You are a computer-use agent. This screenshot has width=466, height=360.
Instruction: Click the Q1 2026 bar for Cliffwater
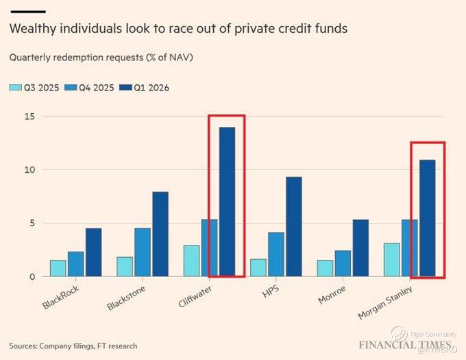(226, 202)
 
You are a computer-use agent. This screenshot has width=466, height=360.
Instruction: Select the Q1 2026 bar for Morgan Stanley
(427, 218)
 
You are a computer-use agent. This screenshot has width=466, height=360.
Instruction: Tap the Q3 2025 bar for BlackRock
(58, 268)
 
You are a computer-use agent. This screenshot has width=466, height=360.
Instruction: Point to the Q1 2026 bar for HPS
(293, 227)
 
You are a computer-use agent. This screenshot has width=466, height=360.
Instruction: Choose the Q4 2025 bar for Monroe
(343, 263)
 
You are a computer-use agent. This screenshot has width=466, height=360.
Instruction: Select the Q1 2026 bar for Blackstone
(160, 234)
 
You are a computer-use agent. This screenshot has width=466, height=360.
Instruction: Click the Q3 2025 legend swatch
(14, 88)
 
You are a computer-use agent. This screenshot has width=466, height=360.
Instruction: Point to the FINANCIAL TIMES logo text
(405, 344)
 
